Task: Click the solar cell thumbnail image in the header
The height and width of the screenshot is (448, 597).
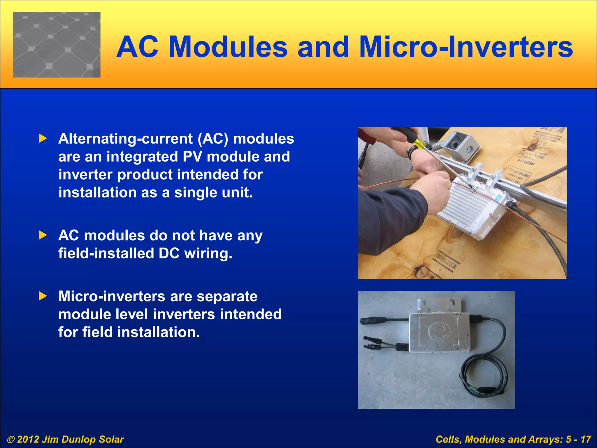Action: (57, 45)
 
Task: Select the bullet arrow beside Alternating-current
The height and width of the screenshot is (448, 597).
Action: (43, 139)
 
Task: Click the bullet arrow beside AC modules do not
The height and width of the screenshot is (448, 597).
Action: (43, 235)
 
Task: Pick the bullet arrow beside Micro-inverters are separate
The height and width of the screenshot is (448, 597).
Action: (43, 296)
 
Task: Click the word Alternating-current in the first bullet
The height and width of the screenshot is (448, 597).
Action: (125, 139)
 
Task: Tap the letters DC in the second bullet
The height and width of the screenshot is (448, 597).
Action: (169, 253)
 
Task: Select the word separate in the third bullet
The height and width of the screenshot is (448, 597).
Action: (227, 296)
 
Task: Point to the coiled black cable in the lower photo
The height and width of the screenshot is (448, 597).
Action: (478, 376)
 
